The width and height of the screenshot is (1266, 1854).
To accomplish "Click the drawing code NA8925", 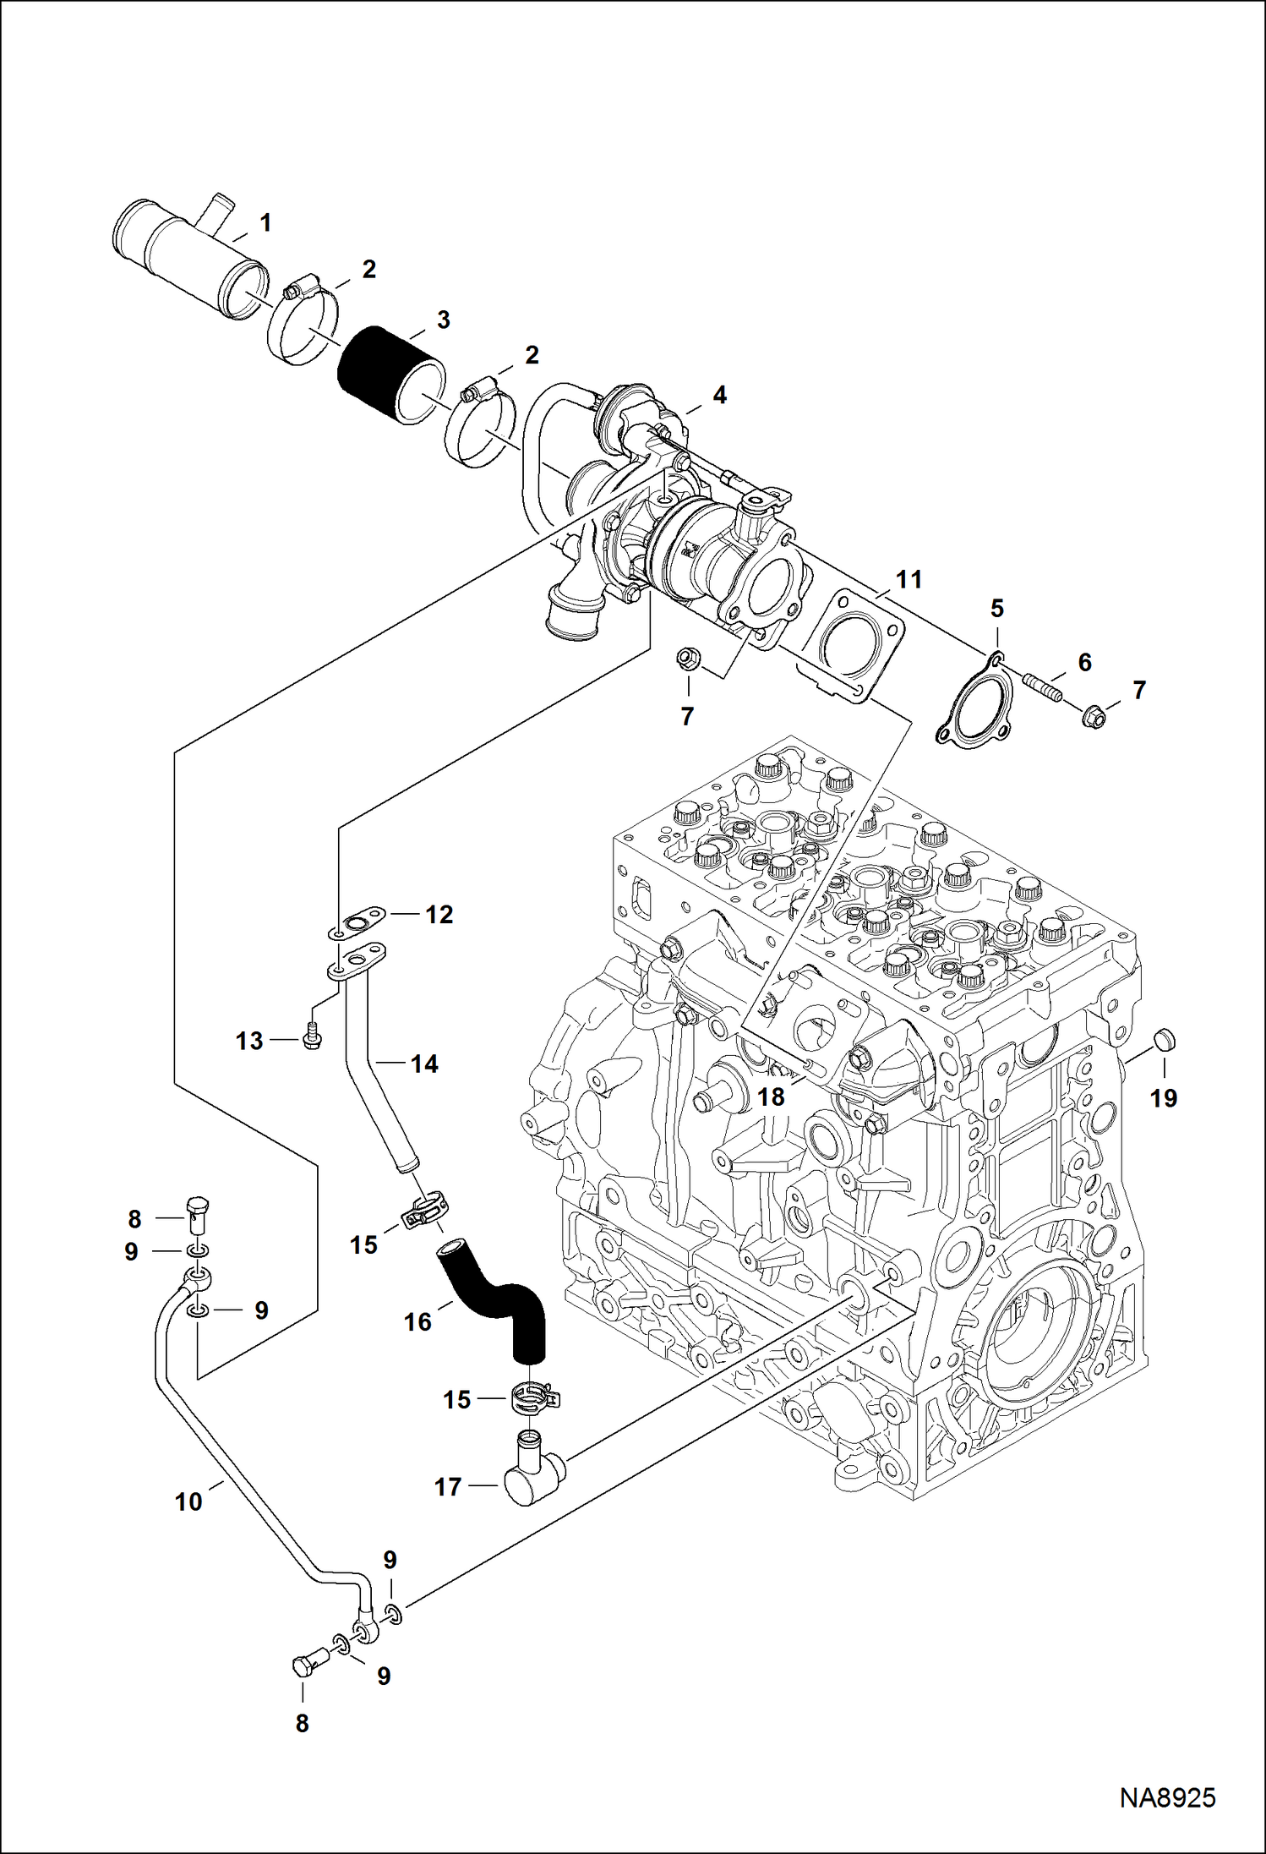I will click(1167, 1797).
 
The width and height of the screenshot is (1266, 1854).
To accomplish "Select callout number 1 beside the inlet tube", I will click(265, 223).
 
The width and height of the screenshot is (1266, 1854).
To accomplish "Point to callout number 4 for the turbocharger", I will click(719, 395).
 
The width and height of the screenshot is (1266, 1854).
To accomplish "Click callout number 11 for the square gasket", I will click(909, 580).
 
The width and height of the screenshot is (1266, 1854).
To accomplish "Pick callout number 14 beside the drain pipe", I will click(424, 1064).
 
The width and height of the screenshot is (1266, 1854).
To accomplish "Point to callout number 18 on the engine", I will click(771, 1097).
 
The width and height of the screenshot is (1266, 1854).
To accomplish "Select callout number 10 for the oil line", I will click(188, 1501).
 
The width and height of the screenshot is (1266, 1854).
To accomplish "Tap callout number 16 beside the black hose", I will click(418, 1321).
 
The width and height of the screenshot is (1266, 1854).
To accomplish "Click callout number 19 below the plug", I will click(1164, 1098).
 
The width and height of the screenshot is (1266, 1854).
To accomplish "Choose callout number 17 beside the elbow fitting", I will click(448, 1485).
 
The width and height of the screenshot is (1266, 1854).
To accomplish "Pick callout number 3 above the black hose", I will click(443, 320).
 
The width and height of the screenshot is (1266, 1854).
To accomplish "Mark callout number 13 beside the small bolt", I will click(249, 1041).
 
